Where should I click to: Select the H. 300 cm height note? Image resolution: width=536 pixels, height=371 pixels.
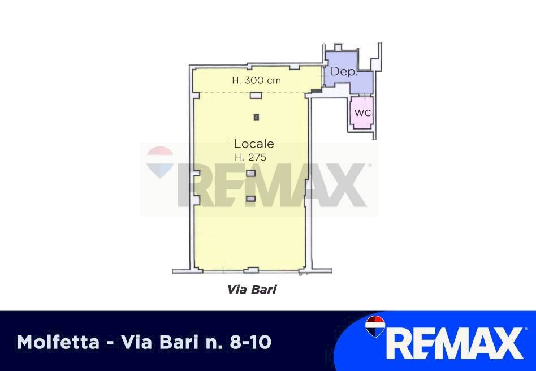point(256,80)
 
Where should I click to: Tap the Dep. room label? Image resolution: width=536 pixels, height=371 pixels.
point(343,71)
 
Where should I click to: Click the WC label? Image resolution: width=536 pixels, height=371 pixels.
point(362,113)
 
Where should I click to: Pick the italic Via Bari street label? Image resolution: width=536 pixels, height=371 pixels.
point(252,290)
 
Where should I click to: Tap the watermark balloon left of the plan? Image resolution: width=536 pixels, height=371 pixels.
point(160,161)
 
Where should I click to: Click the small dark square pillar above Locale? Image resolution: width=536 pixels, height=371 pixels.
point(256,117)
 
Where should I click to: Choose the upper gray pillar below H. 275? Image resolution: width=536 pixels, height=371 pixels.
point(251,174)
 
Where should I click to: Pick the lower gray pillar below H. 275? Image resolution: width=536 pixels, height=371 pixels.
point(251,199)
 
